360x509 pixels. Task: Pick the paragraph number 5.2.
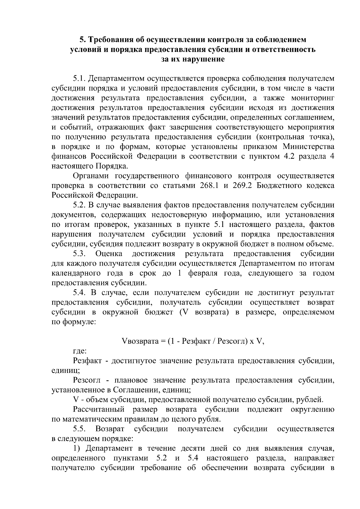[x=80, y=205]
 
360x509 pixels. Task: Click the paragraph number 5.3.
[x=80, y=254]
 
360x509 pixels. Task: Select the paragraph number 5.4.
[x=80, y=293]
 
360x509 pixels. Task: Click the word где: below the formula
[x=80, y=351]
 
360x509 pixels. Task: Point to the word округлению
[x=312, y=409]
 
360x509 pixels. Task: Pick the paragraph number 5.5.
[x=80, y=429]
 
